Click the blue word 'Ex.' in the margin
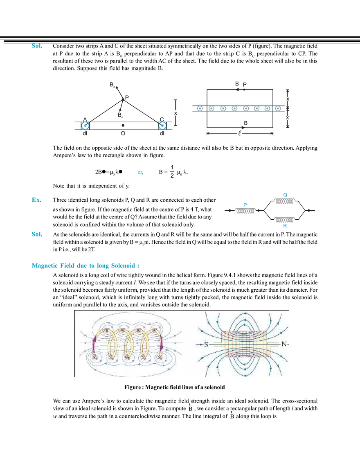[x=36, y=200]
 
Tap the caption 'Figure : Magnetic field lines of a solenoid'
[x=175, y=387]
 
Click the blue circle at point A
[x=85, y=126]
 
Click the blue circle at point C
[x=162, y=126]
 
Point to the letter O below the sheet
[x=123, y=133]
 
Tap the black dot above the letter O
[x=123, y=126]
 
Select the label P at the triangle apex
[x=127, y=97]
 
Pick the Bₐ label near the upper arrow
[x=112, y=85]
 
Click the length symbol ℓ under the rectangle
[x=239, y=133]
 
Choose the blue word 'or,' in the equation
[x=140, y=172]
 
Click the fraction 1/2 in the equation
[x=172, y=171]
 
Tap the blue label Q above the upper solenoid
[x=285, y=195]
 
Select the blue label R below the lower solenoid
[x=285, y=225]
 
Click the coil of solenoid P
[x=245, y=211]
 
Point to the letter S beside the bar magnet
[x=206, y=344]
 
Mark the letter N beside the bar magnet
[x=284, y=344]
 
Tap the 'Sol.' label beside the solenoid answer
[x=37, y=234]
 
